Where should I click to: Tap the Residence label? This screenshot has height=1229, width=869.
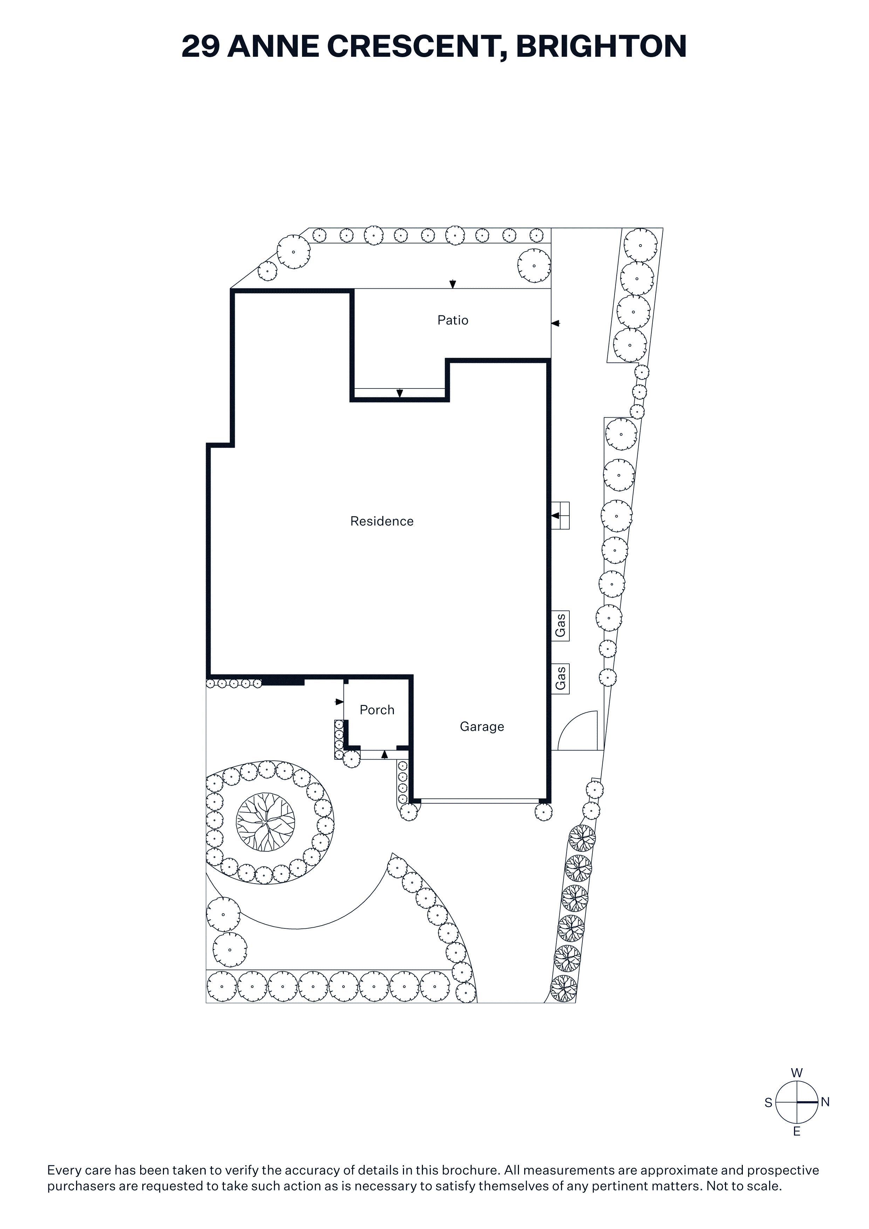click(382, 521)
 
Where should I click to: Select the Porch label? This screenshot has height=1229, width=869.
click(377, 710)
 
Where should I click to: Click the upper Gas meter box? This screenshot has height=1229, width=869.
click(561, 625)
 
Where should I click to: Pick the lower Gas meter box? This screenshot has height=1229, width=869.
click(561, 679)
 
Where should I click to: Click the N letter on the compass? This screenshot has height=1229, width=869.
click(825, 1102)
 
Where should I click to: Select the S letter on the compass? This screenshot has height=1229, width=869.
click(768, 1103)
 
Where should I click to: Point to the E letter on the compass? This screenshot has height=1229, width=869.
click(797, 1132)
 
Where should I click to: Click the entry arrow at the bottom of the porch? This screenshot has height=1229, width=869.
click(384, 755)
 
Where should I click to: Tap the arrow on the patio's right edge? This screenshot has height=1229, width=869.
click(555, 323)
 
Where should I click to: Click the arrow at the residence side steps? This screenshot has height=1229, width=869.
click(555, 515)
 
